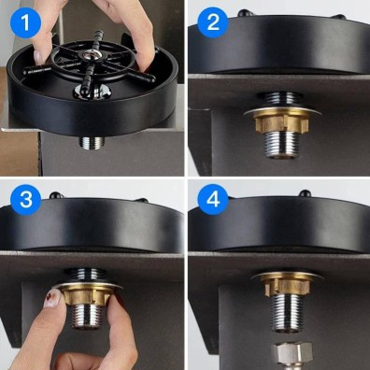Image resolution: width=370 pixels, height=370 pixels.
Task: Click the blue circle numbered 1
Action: point(25,22)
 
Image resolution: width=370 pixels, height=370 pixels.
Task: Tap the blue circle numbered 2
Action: point(213,22)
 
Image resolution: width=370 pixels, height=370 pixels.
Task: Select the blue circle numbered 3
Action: point(25,200)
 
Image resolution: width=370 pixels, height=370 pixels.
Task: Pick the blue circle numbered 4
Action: point(213,200)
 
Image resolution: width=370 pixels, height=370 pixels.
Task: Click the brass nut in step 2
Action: point(281,122)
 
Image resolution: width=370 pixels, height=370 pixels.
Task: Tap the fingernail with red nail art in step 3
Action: point(52,298)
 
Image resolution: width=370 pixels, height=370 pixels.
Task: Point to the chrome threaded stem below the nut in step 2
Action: point(281,144)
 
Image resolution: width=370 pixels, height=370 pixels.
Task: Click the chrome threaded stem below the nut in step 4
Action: point(288,313)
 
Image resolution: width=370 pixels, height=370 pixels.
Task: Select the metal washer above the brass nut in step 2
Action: point(282,111)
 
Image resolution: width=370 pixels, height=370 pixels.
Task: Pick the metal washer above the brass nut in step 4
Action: point(288,276)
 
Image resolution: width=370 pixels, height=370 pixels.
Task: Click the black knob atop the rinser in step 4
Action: point(305,193)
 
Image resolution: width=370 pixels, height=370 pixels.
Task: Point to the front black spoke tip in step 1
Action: point(84,90)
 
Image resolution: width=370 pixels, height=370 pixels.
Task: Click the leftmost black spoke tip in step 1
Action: point(27,72)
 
